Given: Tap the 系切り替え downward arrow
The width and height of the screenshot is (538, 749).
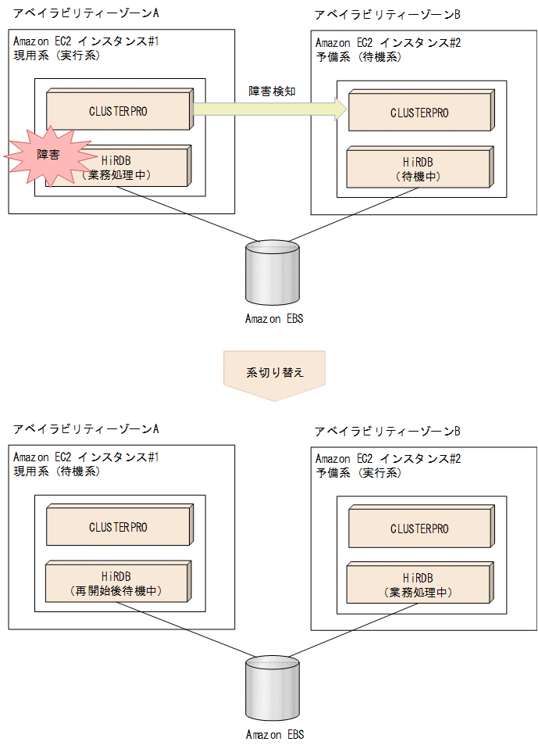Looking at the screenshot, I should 273,374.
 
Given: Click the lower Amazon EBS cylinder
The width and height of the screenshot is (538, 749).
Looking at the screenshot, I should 272,688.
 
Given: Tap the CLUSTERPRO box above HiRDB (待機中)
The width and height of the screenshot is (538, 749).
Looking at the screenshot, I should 420,113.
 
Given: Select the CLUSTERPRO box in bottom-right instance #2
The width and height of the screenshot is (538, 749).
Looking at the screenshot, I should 420,529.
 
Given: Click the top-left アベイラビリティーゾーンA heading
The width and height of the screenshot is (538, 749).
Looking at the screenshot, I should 87,13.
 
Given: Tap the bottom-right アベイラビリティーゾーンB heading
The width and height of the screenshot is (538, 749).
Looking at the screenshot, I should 387,432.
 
